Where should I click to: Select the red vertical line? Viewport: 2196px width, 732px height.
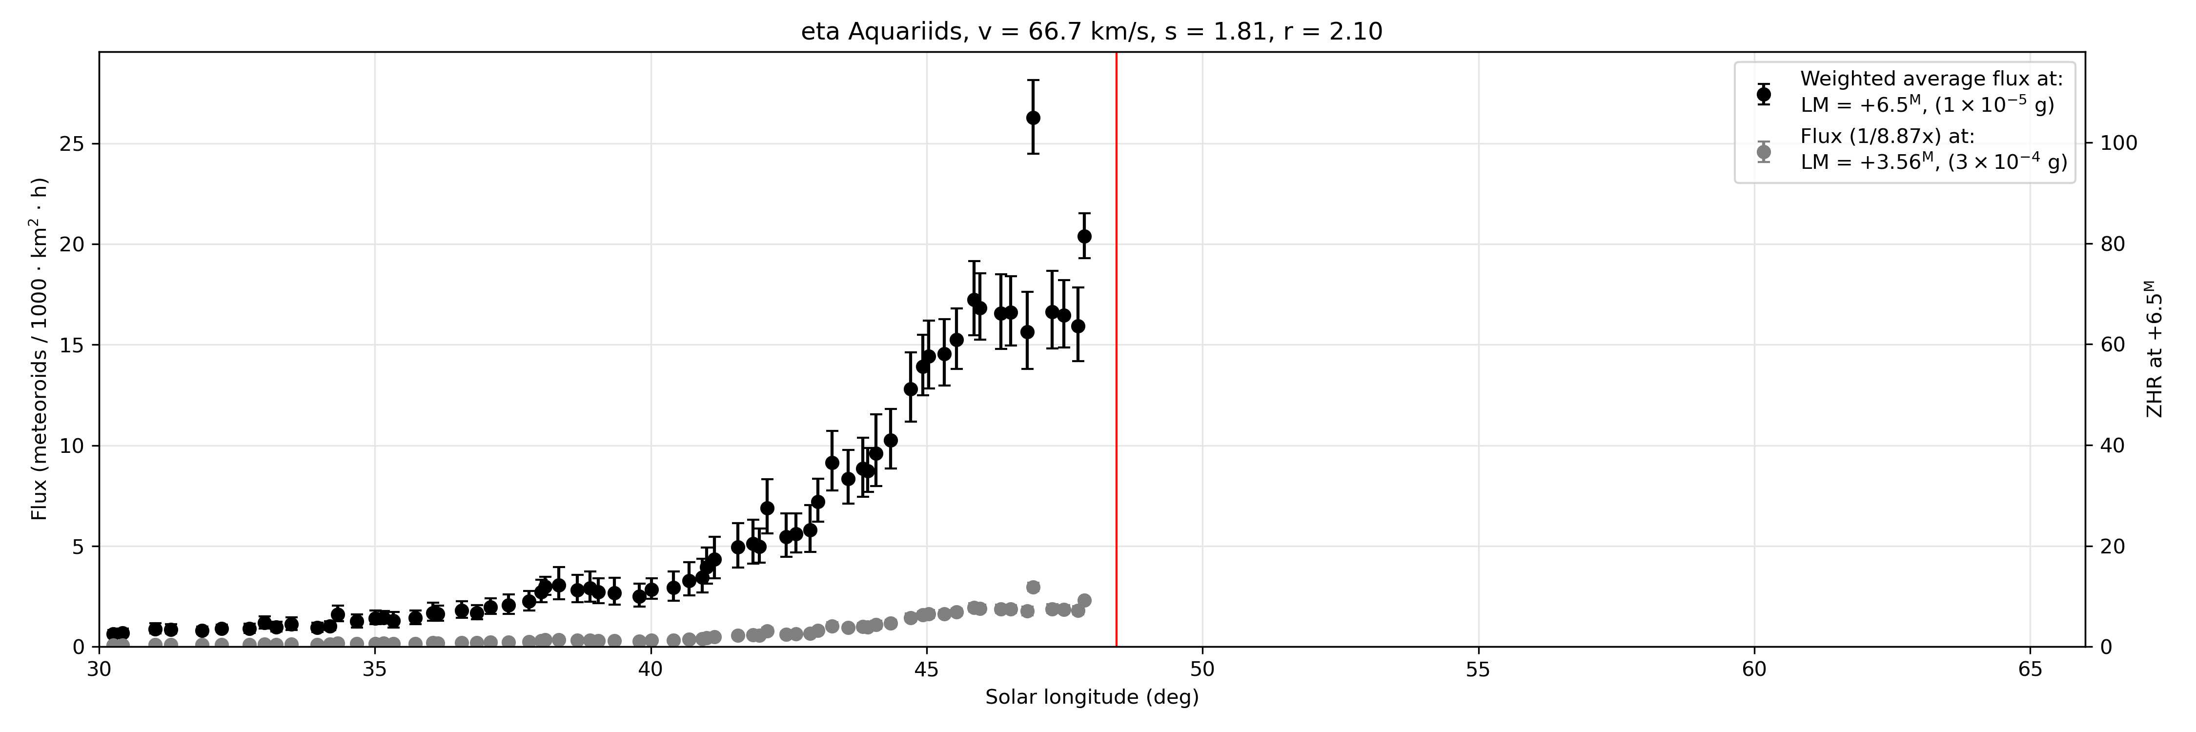[x=1117, y=349]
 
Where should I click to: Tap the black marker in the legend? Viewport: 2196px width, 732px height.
[x=1764, y=94]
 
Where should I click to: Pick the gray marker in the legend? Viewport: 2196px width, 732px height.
[x=1764, y=152]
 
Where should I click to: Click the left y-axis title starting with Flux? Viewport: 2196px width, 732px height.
[x=39, y=349]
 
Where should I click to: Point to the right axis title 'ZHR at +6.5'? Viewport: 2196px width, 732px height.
[x=2154, y=349]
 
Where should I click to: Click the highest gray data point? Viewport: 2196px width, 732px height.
[x=1033, y=587]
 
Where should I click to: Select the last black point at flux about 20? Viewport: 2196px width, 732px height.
[x=1084, y=236]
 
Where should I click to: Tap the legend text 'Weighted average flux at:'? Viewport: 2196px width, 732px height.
[x=1932, y=79]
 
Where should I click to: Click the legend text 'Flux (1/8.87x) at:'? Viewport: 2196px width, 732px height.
[x=1888, y=136]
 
